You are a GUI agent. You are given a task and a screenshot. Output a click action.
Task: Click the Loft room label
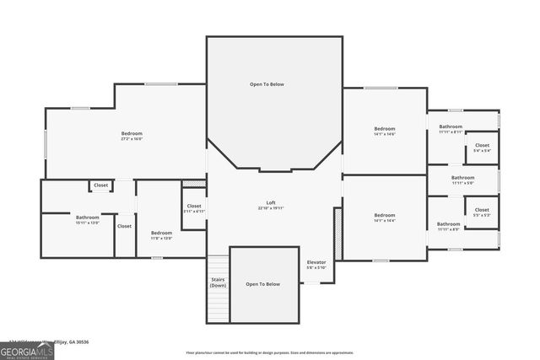click(270, 202)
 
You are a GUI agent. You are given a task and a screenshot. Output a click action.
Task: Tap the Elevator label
click(316, 263)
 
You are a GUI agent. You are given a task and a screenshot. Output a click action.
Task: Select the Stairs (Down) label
click(218, 283)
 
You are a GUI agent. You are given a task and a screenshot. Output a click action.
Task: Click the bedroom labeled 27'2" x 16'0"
click(132, 133)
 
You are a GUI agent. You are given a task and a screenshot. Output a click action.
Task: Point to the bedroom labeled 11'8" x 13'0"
click(161, 233)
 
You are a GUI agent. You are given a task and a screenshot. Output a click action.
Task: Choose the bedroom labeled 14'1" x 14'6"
click(385, 130)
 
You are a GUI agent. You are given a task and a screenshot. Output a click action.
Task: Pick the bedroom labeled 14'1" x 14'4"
click(385, 216)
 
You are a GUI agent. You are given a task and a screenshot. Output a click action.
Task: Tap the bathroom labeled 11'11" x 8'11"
click(450, 127)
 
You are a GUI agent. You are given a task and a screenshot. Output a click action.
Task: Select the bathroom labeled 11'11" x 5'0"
click(462, 178)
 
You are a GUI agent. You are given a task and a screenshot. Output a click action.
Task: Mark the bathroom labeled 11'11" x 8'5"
click(448, 224)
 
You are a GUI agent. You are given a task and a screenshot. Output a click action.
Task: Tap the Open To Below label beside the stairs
click(262, 284)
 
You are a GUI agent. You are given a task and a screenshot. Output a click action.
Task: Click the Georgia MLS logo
click(27, 349)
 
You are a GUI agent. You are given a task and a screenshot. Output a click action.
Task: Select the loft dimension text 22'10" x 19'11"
click(270, 207)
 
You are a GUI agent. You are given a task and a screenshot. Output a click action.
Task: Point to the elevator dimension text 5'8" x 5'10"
click(316, 268)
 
